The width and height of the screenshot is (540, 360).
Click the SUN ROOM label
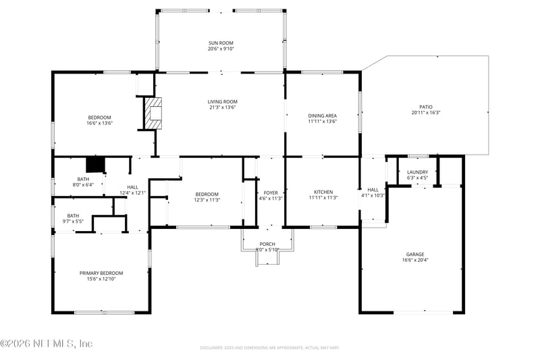pos(221,43)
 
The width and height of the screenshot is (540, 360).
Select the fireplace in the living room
pos(153,113)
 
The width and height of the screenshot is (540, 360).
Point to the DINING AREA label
pos(322,115)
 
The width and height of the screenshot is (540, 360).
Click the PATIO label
pos(425,107)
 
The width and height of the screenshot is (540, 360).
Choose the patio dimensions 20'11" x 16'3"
pos(425,113)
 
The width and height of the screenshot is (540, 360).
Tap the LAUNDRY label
pos(417,172)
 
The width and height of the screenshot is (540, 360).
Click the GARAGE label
pos(415,254)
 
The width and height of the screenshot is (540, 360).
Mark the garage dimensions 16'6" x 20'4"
pos(415,260)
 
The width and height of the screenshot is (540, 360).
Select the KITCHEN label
pos(322,192)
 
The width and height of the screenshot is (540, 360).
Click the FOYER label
pos(271,192)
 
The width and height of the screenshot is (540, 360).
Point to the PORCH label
pos(267,244)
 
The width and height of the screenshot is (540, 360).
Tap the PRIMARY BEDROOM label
pos(101,273)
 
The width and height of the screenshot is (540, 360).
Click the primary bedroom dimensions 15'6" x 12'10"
pos(101,279)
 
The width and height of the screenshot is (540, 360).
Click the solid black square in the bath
pos(95,165)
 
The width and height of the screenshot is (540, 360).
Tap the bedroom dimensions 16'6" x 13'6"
pos(99,124)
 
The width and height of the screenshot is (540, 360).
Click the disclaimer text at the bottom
pos(269,348)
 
